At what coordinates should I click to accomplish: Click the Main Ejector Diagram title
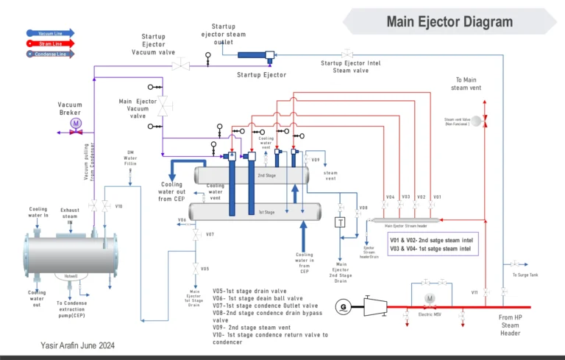pyautogui.click(x=449, y=21)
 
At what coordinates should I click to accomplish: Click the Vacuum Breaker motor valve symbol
pyautogui.click(x=75, y=124)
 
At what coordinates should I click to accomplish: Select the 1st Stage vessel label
pyautogui.click(x=266, y=211)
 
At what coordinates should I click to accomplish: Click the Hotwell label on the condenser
pyautogui.click(x=71, y=276)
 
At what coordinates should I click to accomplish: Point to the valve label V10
pyautogui.click(x=118, y=206)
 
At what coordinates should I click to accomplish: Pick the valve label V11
pyautogui.click(x=475, y=292)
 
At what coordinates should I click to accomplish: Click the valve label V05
pyautogui.click(x=205, y=269)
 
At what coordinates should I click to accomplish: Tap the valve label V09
pyautogui.click(x=315, y=160)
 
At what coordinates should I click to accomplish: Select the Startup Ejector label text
pyautogui.click(x=261, y=75)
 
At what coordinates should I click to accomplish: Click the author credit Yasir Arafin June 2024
pyautogui.click(x=78, y=345)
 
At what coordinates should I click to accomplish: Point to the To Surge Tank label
pyautogui.click(x=525, y=275)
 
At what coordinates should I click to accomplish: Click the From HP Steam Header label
pyautogui.click(x=509, y=324)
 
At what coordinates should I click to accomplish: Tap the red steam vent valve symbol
pyautogui.click(x=486, y=121)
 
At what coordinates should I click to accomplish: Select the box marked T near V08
pyautogui.click(x=340, y=223)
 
